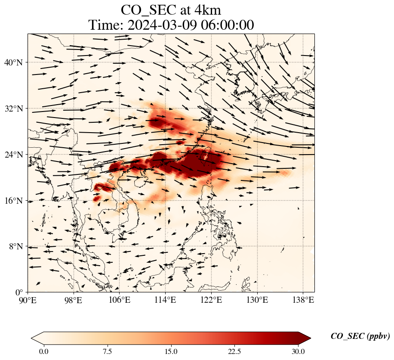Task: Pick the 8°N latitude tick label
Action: point(16,246)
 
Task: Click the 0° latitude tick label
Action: point(19,292)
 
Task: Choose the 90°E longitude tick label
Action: point(28,300)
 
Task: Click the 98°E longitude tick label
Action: point(74,300)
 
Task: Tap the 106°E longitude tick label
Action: point(120,300)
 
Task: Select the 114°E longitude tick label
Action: point(165,300)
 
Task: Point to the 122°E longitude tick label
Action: point(211,300)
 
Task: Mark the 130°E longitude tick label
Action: point(257,300)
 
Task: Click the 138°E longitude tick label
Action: point(303,300)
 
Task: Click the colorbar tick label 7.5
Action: point(107,351)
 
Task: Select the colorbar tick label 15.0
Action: point(171,351)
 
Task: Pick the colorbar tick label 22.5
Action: point(234,351)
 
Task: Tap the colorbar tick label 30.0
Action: point(298,351)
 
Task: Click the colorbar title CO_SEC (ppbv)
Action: point(360,336)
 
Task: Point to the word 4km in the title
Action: point(208,10)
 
